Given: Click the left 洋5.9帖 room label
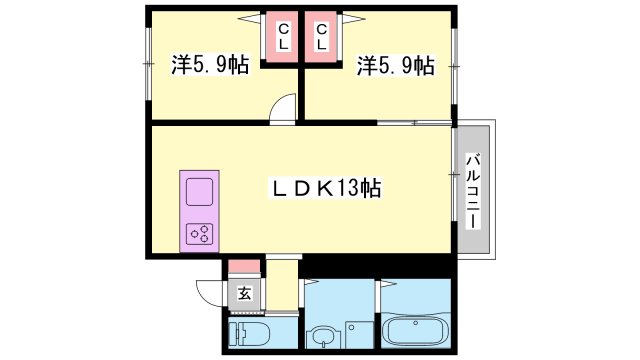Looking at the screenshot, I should pyautogui.click(x=209, y=67).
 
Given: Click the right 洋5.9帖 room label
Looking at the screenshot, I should pyautogui.click(x=396, y=67).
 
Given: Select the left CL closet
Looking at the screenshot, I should pyautogui.click(x=283, y=38).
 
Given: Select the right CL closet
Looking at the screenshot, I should pyautogui.click(x=322, y=38).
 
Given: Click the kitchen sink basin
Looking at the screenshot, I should pyautogui.click(x=198, y=190).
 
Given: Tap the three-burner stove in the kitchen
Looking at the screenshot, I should pyautogui.click(x=198, y=234).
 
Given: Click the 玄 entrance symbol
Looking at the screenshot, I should pyautogui.click(x=243, y=295).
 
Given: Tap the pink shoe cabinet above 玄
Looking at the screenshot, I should pyautogui.click(x=243, y=268).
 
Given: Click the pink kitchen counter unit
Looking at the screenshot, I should pyautogui.click(x=198, y=210).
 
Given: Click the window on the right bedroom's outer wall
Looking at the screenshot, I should pyautogui.click(x=455, y=65).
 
